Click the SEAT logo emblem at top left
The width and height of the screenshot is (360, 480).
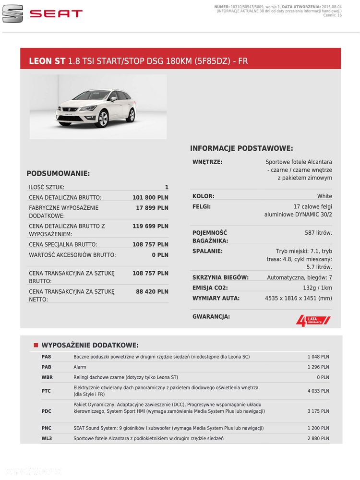12,14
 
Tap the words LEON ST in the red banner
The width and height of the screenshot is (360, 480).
47,61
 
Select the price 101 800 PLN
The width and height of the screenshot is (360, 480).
150,197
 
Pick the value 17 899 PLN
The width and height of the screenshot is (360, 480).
152,208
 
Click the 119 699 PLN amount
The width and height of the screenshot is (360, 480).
150,226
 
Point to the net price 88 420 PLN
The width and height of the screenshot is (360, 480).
152,291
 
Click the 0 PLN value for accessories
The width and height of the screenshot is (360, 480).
160,255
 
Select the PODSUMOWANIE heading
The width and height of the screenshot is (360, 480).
58,173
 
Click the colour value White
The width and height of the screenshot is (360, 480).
324,196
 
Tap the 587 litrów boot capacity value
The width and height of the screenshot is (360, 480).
318,233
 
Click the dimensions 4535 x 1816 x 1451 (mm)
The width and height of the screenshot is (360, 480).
298,299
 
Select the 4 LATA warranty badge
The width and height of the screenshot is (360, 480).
313,320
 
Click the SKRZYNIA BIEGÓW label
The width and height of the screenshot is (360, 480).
220,277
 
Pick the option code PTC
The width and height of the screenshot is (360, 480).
46,391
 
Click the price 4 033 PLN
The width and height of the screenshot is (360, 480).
318,391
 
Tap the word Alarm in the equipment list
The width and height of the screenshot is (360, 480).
80,367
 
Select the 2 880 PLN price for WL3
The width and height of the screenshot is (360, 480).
318,438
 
